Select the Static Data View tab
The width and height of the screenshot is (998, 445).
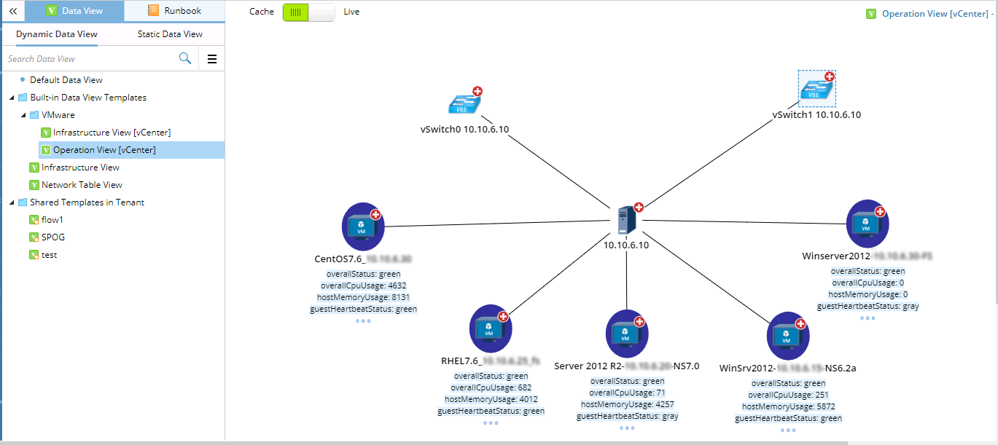point(170,34)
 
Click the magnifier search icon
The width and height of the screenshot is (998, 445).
point(185,58)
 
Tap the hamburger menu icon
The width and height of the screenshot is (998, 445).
point(212,59)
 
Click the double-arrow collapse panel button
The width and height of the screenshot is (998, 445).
point(12,11)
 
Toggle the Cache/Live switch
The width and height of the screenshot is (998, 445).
point(309,12)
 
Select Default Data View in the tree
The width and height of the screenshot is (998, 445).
point(66,80)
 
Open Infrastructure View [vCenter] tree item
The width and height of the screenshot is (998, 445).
point(112,133)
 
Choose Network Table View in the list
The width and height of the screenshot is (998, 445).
point(82,185)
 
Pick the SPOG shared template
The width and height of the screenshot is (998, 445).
point(53,237)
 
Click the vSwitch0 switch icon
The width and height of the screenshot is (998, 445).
point(464,105)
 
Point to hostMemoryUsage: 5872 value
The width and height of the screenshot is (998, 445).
point(788,406)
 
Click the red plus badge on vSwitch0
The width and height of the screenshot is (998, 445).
point(477,91)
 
